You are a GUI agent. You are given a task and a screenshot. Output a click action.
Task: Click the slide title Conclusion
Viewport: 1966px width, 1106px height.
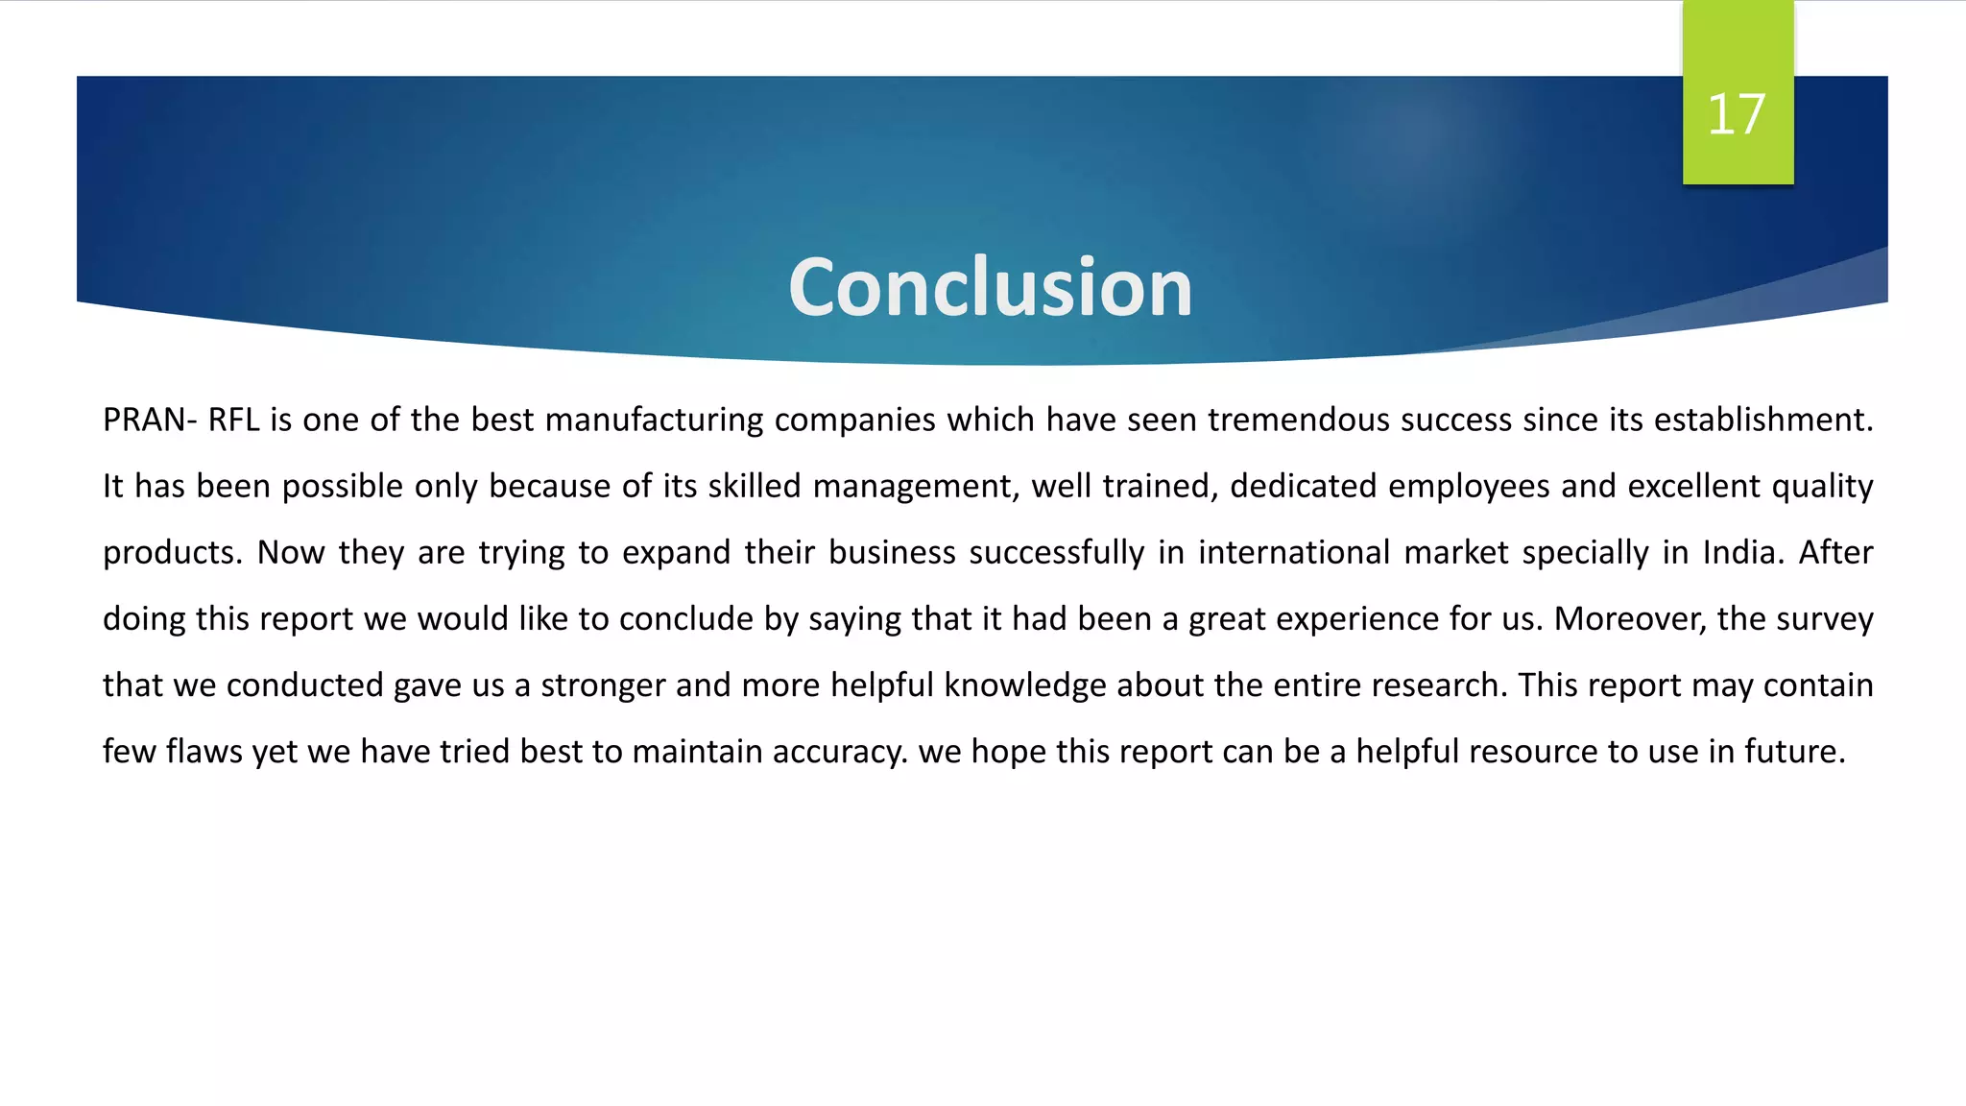click(x=990, y=287)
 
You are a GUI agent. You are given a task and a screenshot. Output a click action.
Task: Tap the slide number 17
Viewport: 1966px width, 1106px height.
click(x=1736, y=114)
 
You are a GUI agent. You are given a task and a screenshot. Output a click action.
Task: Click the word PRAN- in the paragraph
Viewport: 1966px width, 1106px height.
click(x=150, y=421)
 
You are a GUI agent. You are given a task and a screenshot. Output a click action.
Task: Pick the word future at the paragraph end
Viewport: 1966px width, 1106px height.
click(x=1794, y=752)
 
